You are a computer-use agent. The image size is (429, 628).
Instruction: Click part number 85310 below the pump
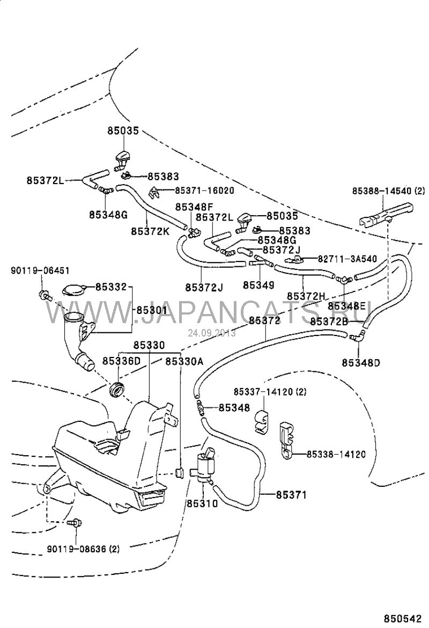(x=202, y=504)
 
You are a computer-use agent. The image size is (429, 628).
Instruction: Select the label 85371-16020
(x=204, y=191)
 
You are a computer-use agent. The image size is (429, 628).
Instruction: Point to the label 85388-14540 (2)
(x=388, y=191)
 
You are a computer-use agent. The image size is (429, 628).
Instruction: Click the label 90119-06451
(x=40, y=271)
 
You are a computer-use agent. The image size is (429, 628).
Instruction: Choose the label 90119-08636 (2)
(x=83, y=549)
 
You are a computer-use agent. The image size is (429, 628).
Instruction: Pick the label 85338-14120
(x=336, y=454)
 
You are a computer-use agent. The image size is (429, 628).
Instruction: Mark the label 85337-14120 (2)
(x=270, y=392)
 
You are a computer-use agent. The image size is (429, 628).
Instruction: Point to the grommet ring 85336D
(x=116, y=391)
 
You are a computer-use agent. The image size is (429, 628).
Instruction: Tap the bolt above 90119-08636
(x=76, y=522)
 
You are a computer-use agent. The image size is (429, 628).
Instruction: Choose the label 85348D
(x=360, y=362)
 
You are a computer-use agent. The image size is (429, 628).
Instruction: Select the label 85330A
(x=184, y=361)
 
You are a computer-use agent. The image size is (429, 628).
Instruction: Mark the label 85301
(x=151, y=311)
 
